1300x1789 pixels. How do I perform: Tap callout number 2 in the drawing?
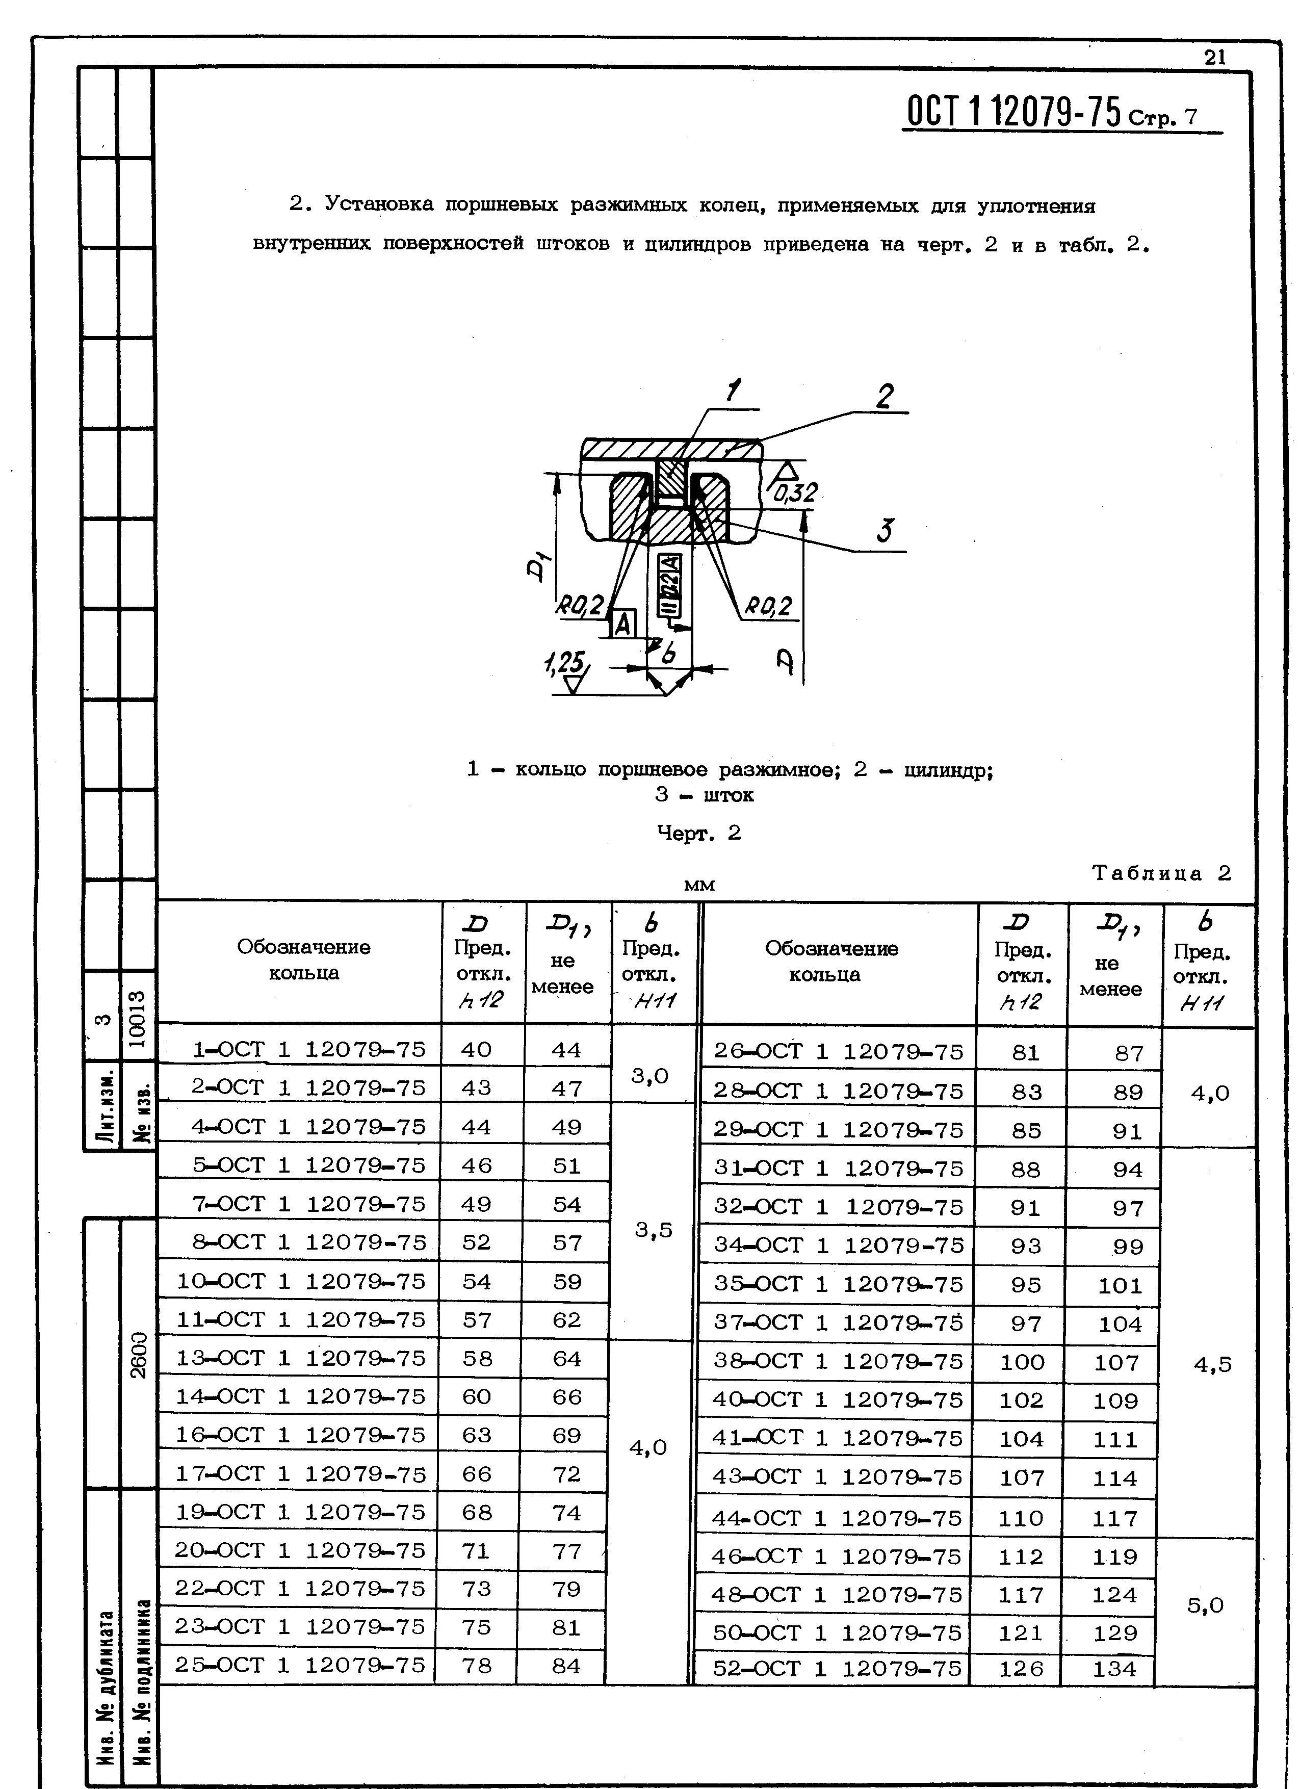885,396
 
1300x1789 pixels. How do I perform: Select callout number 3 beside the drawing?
885,530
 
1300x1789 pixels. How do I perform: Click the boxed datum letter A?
623,624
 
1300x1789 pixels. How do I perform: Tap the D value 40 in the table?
477,1049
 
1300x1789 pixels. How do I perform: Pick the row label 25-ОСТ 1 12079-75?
300,1665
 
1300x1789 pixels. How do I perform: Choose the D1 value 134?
1114,1668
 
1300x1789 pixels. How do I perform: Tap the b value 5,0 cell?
1205,1605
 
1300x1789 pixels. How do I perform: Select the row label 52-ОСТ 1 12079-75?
838,1668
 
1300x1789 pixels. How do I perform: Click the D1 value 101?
1120,1286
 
